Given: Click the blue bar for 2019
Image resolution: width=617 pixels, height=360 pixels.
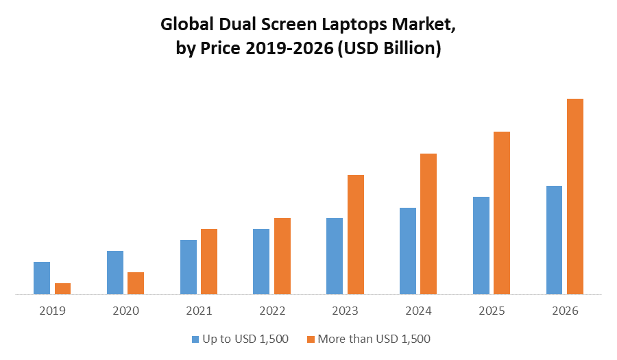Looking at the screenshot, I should (x=42, y=278).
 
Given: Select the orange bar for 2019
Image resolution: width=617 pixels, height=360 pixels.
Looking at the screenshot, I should (x=62, y=289).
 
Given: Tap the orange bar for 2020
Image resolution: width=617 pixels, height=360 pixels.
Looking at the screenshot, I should (x=136, y=283).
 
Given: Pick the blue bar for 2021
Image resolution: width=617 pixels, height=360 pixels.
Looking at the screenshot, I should (x=188, y=267).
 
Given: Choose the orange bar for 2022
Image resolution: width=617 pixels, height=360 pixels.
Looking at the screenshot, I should (x=282, y=256).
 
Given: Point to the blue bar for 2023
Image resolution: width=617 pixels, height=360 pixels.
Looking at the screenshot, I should (x=335, y=256).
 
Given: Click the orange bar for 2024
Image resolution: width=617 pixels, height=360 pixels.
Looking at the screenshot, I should (x=428, y=224).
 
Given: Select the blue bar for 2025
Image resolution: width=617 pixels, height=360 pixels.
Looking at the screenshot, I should (x=481, y=245).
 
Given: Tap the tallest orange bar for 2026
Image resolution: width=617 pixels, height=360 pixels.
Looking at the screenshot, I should (x=574, y=196).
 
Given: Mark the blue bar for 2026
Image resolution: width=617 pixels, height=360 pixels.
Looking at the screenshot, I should (x=554, y=240).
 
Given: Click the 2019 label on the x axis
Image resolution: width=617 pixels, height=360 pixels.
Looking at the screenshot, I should (x=52, y=311).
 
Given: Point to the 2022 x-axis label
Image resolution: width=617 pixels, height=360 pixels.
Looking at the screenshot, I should (x=272, y=311).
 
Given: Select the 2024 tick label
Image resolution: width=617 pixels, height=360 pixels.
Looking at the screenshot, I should (x=418, y=311).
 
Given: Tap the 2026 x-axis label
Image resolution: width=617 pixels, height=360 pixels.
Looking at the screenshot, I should (x=565, y=311).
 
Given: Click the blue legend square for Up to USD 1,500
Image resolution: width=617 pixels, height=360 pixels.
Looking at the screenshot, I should (x=195, y=339).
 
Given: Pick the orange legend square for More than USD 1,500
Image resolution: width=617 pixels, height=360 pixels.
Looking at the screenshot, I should (x=311, y=339).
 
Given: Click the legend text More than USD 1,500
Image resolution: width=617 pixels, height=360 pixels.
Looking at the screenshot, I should (x=374, y=339).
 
